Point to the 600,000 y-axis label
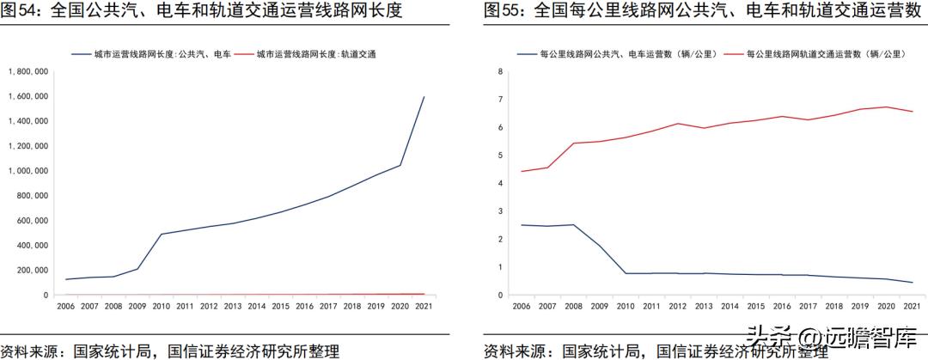click(x=34, y=220)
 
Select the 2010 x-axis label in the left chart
click(x=161, y=305)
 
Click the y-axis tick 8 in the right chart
click(x=500, y=71)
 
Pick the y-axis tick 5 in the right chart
click(x=500, y=156)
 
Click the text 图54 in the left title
click(x=19, y=11)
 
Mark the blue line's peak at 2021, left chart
click(x=424, y=97)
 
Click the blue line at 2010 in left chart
click(x=161, y=234)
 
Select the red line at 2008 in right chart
click(x=573, y=143)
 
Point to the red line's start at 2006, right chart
click(x=522, y=171)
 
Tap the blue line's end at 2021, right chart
click(x=912, y=283)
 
